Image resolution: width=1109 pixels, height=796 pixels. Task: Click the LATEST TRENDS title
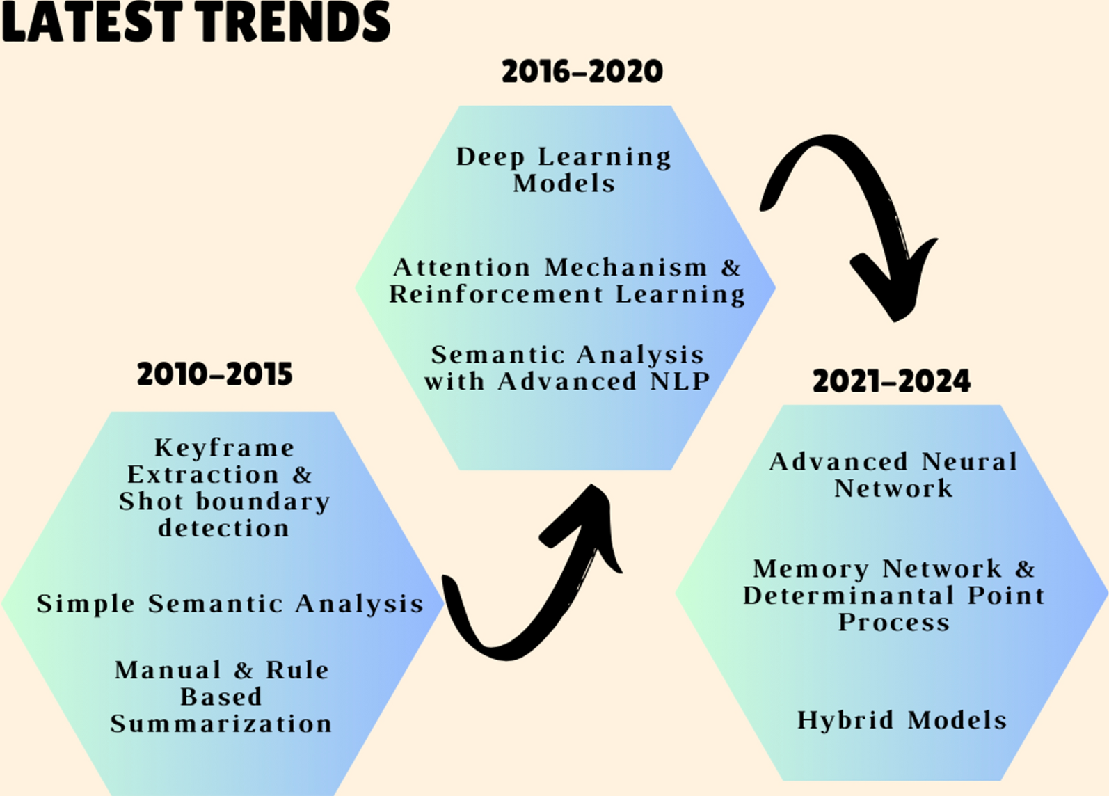(196, 22)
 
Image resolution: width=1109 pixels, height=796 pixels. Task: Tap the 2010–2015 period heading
(215, 374)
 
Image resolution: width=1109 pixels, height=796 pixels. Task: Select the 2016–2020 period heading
(582, 71)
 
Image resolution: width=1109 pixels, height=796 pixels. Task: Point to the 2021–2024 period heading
(892, 381)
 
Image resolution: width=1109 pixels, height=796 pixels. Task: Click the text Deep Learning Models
(564, 170)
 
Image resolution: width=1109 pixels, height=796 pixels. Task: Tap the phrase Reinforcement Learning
(568, 294)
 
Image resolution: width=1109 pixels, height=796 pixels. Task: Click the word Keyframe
(225, 449)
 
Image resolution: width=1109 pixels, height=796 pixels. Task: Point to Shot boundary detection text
(224, 515)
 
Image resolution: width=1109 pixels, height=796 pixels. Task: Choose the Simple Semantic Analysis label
(230, 604)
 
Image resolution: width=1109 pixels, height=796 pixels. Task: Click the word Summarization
(221, 724)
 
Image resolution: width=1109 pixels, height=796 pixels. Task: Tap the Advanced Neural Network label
(893, 475)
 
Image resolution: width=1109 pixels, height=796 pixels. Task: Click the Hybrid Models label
(902, 720)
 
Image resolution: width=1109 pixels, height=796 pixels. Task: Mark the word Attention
(462, 268)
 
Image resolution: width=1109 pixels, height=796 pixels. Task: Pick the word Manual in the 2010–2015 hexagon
(168, 670)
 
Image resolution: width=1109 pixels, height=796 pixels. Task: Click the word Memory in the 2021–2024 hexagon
(811, 569)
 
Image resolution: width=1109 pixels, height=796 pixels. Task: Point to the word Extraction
(203, 475)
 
